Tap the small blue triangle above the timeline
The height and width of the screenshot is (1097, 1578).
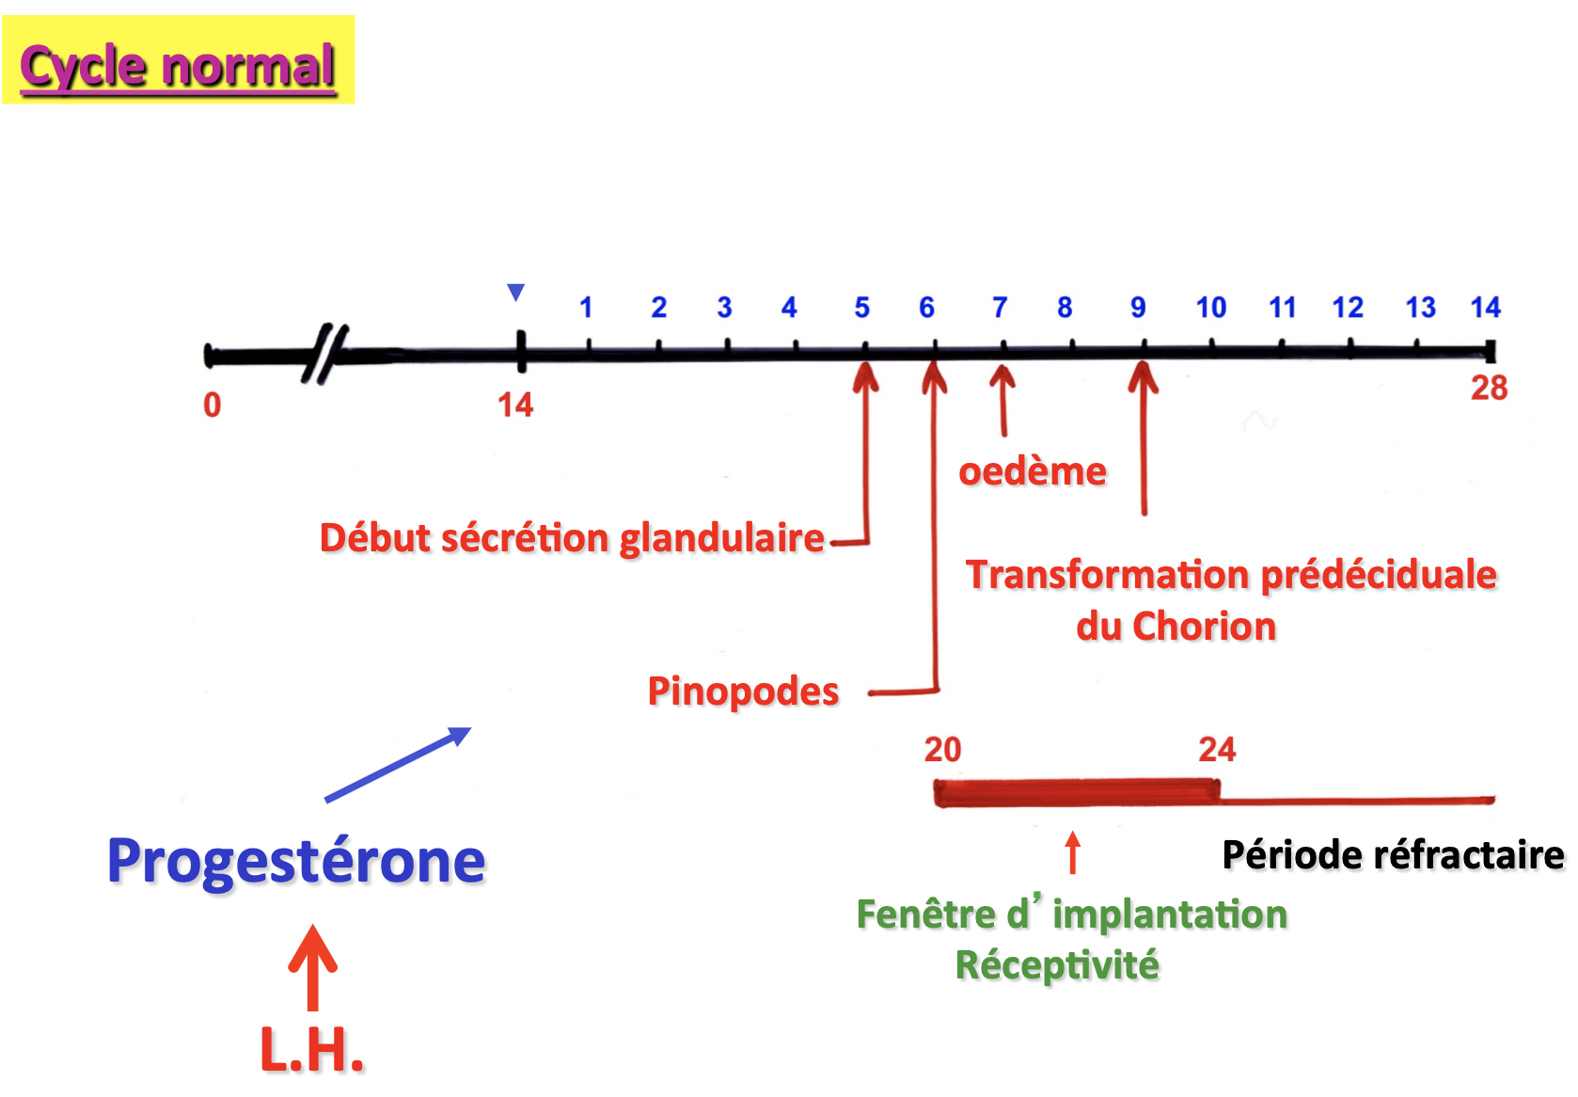pyautogui.click(x=515, y=292)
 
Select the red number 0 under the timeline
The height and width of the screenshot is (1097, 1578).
pyautogui.click(x=213, y=405)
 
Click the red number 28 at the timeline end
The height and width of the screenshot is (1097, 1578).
pyautogui.click(x=1489, y=388)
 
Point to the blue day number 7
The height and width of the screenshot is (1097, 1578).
pyautogui.click(x=1000, y=308)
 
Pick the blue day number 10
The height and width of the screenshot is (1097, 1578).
pyautogui.click(x=1211, y=308)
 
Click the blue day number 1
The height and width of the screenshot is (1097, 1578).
pyautogui.click(x=586, y=308)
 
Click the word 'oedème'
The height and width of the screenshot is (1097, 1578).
pyautogui.click(x=1033, y=471)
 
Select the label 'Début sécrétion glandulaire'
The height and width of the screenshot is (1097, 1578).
pyautogui.click(x=572, y=538)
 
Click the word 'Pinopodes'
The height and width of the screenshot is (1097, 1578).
pyautogui.click(x=743, y=692)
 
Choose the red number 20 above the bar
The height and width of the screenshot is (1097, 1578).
pyautogui.click(x=942, y=750)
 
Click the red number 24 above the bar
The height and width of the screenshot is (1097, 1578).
pyautogui.click(x=1217, y=750)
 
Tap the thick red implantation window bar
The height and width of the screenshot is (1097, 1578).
pyautogui.click(x=1077, y=792)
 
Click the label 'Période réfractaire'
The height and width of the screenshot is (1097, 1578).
pyautogui.click(x=1393, y=855)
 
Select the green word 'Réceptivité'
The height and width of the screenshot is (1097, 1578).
pyautogui.click(x=1057, y=965)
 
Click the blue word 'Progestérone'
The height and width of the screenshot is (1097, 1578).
pyautogui.click(x=296, y=861)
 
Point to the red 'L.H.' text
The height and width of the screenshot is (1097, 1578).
pyautogui.click(x=311, y=1050)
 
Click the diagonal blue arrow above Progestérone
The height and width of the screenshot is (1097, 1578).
pyautogui.click(x=397, y=764)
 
